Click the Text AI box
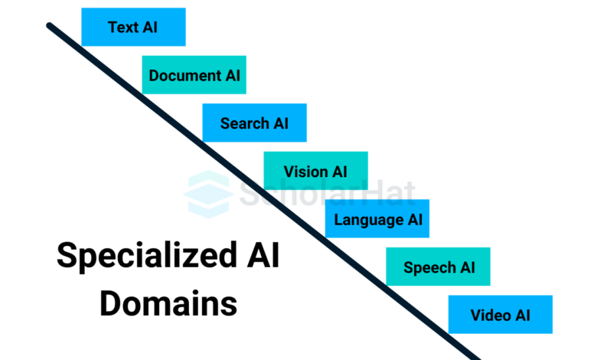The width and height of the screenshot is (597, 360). point(134,27)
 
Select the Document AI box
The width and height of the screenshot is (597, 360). point(194,74)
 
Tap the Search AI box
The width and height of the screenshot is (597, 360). point(254,123)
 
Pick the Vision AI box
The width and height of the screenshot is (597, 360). point(315,171)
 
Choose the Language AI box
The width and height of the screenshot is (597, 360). point(377,218)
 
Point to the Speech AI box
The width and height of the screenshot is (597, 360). point(439,267)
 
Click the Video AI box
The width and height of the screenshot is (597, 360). point(501,314)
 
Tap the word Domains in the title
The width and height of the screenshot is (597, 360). point(168,303)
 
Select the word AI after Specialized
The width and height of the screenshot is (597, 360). point(263,254)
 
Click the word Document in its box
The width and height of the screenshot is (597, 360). point(185,75)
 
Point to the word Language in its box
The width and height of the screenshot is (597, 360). point(369,220)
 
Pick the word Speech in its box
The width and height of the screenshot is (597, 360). point(429,268)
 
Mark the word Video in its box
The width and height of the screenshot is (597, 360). point(491,315)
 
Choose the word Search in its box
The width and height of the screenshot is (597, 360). point(245,123)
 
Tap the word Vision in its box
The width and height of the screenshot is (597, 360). point(306,172)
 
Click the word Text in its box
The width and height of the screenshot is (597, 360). point(123,28)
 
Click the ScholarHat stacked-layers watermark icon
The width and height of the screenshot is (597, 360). point(209,195)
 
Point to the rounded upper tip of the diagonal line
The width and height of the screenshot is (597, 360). point(49,25)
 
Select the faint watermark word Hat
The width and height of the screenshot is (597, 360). point(390,194)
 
